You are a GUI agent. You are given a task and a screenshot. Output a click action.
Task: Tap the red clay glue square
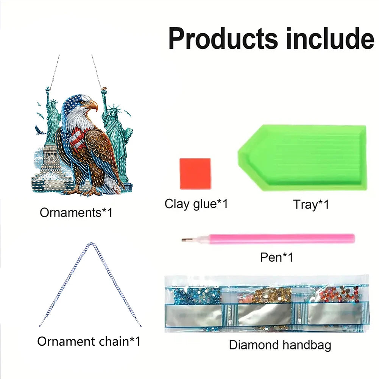coord(195,173)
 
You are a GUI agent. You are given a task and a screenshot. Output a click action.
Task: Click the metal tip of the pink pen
coord(185,240)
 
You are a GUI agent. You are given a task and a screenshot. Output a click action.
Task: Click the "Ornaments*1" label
coord(76,212)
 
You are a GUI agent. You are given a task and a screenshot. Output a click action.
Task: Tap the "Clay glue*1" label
coord(196,204)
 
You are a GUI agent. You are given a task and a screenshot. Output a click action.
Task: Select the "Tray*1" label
coord(311,204)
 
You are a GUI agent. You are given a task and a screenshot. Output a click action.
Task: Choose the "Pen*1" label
coord(277,257)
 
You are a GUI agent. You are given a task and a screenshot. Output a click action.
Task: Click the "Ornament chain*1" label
coord(89,341)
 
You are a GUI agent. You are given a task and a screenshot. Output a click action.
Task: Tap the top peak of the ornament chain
coord(90,244)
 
